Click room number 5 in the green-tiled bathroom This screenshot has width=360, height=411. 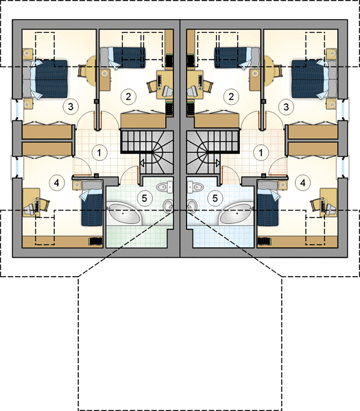pyautogui.click(x=144, y=198)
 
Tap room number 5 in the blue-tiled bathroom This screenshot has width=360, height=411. pyautogui.click(x=215, y=198)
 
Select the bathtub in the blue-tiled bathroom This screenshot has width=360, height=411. pyautogui.click(x=237, y=214)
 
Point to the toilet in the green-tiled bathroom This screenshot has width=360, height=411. pyautogui.click(x=165, y=187)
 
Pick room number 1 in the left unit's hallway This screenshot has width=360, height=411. pyautogui.click(x=99, y=153)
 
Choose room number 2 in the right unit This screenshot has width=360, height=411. pyautogui.click(x=231, y=97)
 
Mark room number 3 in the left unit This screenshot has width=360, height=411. pyautogui.click(x=71, y=107)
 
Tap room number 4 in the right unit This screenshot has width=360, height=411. pyautogui.click(x=303, y=183)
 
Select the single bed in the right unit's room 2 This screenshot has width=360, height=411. pyautogui.click(x=234, y=58)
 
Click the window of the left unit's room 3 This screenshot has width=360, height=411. pyautogui.click(x=14, y=110)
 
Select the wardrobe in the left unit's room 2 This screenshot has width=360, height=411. pyautogui.click(x=143, y=121)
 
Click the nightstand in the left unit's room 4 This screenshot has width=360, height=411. pyautogui.click(x=77, y=186)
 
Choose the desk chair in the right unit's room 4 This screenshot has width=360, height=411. pyautogui.click(x=315, y=205)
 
